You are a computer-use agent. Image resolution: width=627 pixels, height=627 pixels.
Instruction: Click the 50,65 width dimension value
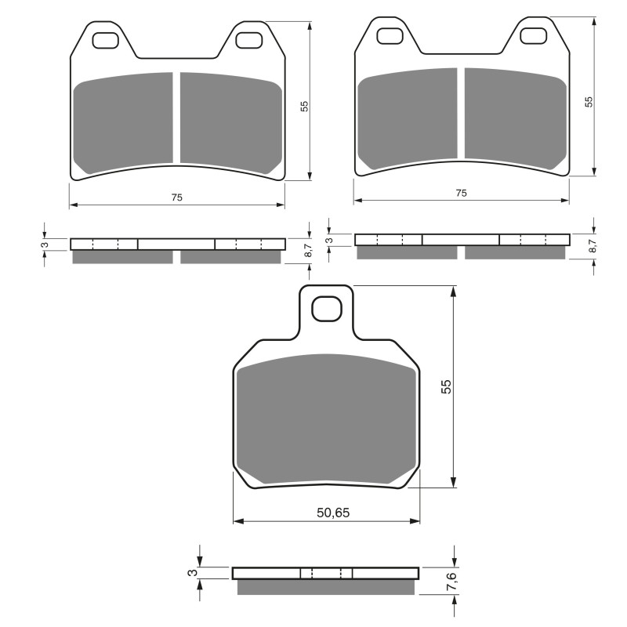point(332,513)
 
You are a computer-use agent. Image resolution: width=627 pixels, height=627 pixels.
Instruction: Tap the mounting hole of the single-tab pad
point(327,310)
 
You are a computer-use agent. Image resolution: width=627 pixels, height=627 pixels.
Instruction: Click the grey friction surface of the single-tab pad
point(326,419)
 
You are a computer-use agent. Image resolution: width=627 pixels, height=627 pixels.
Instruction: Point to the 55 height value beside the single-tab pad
point(445,386)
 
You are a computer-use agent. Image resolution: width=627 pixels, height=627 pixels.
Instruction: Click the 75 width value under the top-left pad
point(177,198)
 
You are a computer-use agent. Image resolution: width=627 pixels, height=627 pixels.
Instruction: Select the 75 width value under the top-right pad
point(462,193)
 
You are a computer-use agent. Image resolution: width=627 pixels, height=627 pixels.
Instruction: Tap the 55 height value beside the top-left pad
point(305,106)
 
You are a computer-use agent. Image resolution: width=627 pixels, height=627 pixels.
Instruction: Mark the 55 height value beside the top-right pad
point(589,101)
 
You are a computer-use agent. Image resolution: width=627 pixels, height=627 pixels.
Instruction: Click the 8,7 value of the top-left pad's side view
point(308,250)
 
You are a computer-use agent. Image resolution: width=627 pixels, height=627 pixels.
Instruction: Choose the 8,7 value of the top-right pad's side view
point(593,245)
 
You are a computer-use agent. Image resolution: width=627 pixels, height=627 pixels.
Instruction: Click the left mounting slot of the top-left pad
point(105,40)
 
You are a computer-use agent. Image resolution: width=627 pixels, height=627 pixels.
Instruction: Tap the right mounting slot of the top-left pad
point(248,40)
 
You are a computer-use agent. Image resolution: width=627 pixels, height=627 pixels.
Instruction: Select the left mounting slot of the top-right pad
point(390,35)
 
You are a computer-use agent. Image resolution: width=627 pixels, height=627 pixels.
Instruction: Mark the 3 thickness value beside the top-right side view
point(329,240)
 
